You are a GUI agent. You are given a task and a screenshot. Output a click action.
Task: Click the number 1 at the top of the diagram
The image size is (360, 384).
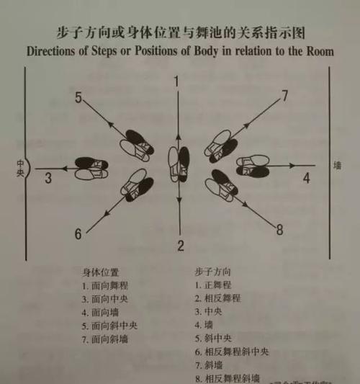point(176,81)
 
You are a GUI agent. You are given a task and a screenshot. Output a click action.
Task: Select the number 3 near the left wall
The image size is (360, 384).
point(48,177)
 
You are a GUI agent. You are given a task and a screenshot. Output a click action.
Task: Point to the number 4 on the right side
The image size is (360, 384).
point(306,177)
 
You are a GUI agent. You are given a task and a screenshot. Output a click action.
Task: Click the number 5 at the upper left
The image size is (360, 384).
point(78,98)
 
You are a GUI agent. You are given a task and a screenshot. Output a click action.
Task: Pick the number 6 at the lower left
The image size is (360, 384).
point(78,233)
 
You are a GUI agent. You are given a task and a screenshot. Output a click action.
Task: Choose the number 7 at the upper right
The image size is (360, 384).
point(285,96)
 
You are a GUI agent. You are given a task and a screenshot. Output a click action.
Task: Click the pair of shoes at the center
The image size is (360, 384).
point(179,164)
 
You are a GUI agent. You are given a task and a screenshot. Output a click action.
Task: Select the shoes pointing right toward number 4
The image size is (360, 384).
point(253,166)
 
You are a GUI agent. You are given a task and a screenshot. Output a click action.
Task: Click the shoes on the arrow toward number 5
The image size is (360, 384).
point(136,145)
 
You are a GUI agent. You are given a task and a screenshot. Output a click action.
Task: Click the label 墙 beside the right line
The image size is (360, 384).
point(337,166)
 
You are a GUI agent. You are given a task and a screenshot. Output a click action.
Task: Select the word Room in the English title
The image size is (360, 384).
point(316,51)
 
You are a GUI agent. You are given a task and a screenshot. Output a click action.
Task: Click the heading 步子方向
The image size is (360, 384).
point(210,272)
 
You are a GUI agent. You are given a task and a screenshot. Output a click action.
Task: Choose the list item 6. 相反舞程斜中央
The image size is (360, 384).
point(231,352)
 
